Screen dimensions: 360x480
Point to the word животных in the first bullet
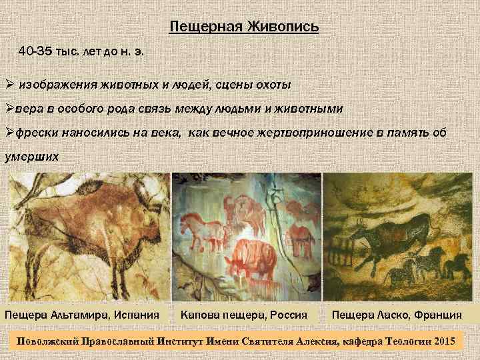coord(126,85)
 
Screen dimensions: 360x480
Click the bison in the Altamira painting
coord(80,220)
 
